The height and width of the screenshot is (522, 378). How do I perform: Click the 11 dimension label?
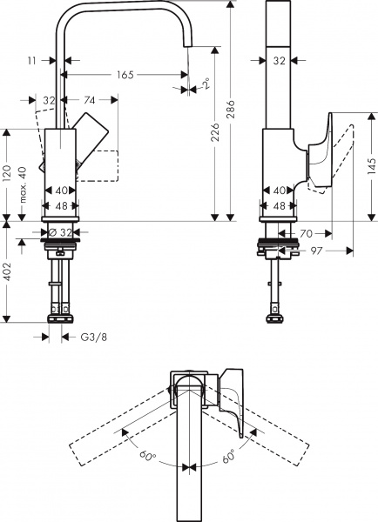click(x=31, y=61)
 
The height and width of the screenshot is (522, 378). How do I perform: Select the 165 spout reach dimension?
click(x=125, y=76)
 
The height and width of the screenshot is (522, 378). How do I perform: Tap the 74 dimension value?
click(x=89, y=101)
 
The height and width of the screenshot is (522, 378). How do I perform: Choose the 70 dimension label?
click(x=306, y=233)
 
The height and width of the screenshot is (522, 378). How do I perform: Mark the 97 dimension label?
click(x=316, y=251)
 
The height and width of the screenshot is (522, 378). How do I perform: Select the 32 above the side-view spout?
click(x=279, y=61)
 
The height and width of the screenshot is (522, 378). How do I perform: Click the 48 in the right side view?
click(x=279, y=206)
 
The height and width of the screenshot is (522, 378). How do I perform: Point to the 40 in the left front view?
click(x=61, y=191)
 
